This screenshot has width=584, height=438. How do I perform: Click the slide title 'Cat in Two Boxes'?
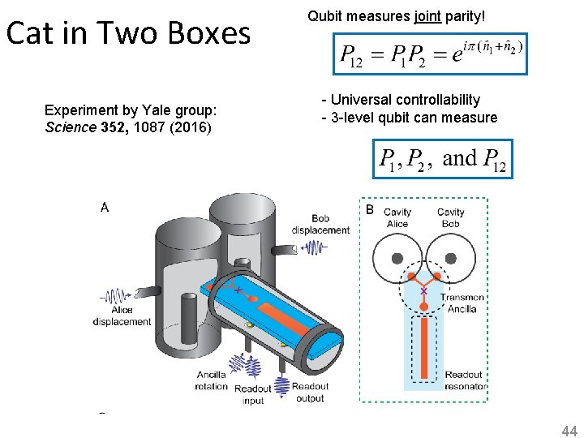coord(128,34)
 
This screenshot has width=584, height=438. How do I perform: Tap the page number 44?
coord(569,432)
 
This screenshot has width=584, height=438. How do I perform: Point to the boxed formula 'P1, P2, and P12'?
coord(442,158)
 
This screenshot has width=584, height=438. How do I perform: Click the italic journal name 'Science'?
coord(70,127)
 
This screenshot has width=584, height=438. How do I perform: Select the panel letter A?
coord(105,208)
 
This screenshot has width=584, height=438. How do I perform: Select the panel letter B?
coord(370,209)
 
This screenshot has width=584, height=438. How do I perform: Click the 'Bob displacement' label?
coord(320,224)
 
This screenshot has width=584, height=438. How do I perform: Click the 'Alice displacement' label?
coord(122,316)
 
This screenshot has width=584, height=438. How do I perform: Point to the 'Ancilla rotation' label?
coord(211,380)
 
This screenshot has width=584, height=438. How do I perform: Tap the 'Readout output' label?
coord(310,393)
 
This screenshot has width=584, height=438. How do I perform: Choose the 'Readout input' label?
coord(253,395)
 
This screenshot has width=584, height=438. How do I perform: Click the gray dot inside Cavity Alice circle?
coord(397,258)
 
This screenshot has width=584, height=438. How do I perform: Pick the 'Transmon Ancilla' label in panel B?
coord(462,303)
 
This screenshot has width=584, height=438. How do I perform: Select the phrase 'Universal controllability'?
coord(405,100)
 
